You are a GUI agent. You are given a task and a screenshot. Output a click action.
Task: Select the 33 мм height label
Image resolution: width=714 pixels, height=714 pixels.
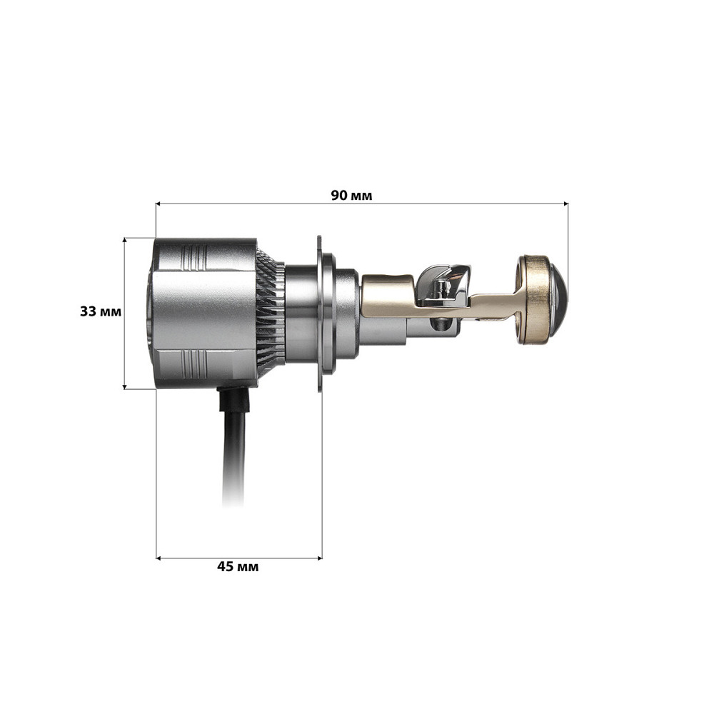(101, 312)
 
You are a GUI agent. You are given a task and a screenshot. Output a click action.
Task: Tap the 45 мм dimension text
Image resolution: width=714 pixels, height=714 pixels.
(238, 567)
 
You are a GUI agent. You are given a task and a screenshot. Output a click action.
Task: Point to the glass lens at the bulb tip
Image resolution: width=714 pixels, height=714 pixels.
(559, 298)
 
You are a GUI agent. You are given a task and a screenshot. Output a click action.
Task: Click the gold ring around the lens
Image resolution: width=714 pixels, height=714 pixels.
(532, 299)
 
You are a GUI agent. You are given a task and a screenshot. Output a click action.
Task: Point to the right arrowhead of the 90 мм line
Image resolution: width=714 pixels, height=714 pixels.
(565, 203)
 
